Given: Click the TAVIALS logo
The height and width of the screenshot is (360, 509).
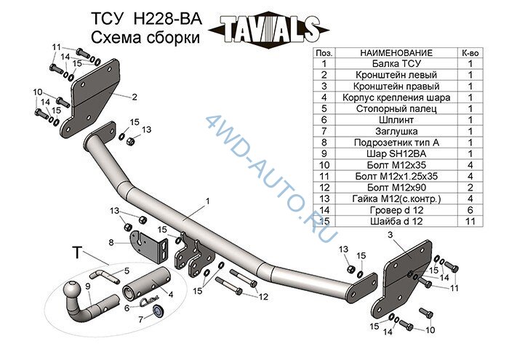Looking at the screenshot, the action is point(269,31).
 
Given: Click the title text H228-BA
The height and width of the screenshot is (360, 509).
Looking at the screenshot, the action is point(168,19).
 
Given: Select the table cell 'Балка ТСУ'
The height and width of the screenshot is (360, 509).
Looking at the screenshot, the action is point(396,63).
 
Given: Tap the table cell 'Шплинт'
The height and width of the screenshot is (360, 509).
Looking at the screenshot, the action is point(396,120).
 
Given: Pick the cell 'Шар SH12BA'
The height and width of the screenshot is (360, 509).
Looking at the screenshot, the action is point(396,153).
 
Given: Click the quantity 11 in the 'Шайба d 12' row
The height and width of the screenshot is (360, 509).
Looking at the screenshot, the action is point(470,221).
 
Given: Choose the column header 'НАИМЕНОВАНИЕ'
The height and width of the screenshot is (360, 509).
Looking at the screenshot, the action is point(396,53).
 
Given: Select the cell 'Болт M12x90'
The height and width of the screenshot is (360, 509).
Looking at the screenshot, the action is point(396,188).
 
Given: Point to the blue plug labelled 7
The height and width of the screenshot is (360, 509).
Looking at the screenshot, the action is point(159,311).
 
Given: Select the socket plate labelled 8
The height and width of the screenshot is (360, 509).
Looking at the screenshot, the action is point(149,247).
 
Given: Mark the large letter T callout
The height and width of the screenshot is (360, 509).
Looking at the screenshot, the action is point(77,252).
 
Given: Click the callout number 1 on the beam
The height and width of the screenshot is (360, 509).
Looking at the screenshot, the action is point(207,201).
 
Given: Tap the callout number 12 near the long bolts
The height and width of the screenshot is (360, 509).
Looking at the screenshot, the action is point(263,297).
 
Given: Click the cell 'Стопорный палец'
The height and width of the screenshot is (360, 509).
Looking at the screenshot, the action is point(396,109).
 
